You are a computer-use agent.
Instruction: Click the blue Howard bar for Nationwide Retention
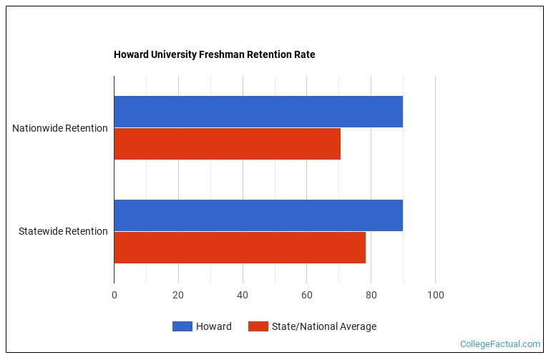(x=258, y=112)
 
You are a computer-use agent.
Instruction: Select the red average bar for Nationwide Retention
(x=227, y=144)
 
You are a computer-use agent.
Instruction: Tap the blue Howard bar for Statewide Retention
(x=258, y=215)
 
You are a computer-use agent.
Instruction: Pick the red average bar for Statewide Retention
(x=240, y=248)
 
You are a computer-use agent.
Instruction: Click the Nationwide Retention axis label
(x=60, y=128)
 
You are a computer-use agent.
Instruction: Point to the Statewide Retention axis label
(x=63, y=231)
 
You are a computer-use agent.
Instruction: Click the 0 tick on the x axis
(x=114, y=295)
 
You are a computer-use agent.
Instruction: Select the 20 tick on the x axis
(x=178, y=295)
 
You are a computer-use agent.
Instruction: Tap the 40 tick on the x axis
(x=243, y=295)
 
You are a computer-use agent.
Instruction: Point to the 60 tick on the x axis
(x=307, y=295)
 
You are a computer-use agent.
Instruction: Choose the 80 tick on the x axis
(x=371, y=295)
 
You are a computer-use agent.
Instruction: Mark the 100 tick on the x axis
(x=435, y=295)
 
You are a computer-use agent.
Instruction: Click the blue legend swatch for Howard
(x=182, y=326)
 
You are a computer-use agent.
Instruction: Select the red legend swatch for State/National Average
(x=258, y=326)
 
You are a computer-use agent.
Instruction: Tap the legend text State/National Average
(x=323, y=326)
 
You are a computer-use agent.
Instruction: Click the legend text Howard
(x=214, y=326)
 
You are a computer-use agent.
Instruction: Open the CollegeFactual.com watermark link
(x=499, y=344)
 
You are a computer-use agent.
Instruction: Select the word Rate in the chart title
(x=305, y=54)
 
